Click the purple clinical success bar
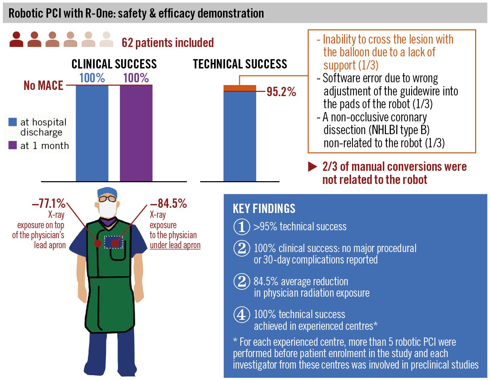coord(136,133)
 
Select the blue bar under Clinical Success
coord(92,133)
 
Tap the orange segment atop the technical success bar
coord(240,88)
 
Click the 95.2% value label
coord(281,92)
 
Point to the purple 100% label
coord(136,78)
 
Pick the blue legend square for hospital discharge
coord(12,122)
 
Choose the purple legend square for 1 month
coord(12,145)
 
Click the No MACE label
coord(43,85)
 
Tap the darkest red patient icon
coord(16,39)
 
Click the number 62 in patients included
coord(127,43)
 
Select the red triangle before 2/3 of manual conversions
coord(312,167)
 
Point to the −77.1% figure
coord(49,204)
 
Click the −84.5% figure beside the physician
coord(168,204)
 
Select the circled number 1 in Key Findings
coord(242,227)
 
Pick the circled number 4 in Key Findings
coord(242,315)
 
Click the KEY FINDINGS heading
coord(264,209)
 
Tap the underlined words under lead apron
coord(175,245)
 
